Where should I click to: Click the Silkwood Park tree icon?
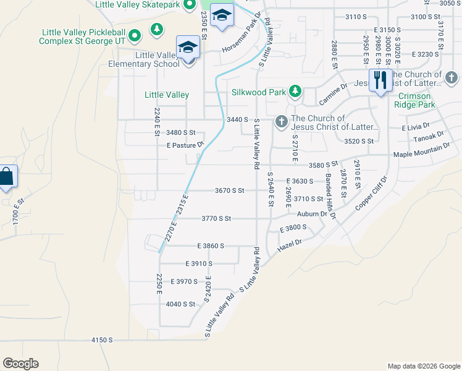tap(295, 92)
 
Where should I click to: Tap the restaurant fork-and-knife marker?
tap(380, 80)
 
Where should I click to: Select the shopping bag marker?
tap(6, 177)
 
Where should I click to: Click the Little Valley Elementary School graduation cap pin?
tap(188, 47)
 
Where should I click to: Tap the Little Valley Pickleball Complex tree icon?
tap(157, 28)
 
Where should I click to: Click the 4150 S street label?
tap(102, 340)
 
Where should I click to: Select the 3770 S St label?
tap(216, 218)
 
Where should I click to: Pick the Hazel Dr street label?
tap(290, 244)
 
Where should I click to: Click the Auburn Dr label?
tap(311, 214)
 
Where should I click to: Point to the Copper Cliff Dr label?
tap(371, 195)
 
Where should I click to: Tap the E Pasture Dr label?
tap(185, 145)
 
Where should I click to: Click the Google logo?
tap(20, 364)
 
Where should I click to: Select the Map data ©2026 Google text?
tap(423, 366)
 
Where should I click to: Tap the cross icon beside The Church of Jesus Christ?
tap(281, 121)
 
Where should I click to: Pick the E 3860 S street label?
tap(211, 246)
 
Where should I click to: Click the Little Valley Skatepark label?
tap(137, 4)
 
